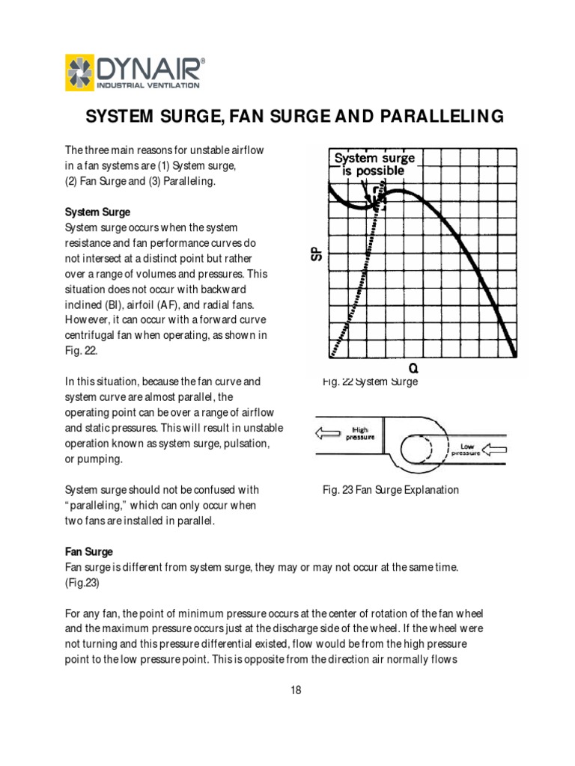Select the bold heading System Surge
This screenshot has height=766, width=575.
97,212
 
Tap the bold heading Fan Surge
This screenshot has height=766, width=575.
89,552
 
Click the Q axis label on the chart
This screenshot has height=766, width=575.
413,368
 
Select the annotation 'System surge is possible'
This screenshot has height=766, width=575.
374,164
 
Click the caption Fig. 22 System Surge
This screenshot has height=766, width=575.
370,382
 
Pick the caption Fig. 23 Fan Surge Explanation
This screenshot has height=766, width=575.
390,490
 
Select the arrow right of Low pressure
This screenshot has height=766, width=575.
495,450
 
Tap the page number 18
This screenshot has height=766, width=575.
296,690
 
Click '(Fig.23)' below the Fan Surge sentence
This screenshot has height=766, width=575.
82,582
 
